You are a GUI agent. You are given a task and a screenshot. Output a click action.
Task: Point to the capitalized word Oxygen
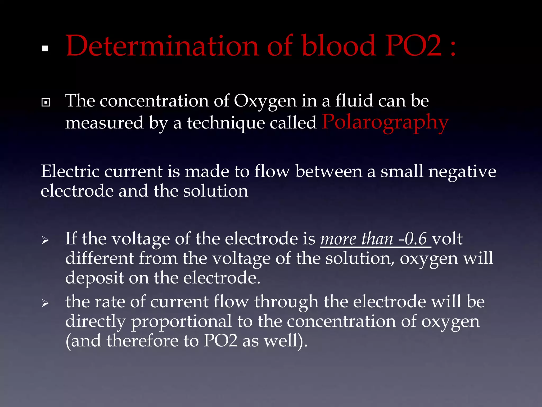[x=265, y=101]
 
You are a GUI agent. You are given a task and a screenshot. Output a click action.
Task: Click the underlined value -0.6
[x=413, y=239]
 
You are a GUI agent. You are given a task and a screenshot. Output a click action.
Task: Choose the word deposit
[x=94, y=278]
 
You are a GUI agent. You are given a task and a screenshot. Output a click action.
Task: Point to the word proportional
[x=182, y=321]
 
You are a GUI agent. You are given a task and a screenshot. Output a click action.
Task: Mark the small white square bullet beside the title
[x=45, y=48]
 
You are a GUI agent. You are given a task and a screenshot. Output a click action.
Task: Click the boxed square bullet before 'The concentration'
[x=46, y=102]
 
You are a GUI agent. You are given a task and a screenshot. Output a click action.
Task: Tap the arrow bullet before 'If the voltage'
[x=45, y=241]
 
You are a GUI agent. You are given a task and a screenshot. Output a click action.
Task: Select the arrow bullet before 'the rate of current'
[x=45, y=303]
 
